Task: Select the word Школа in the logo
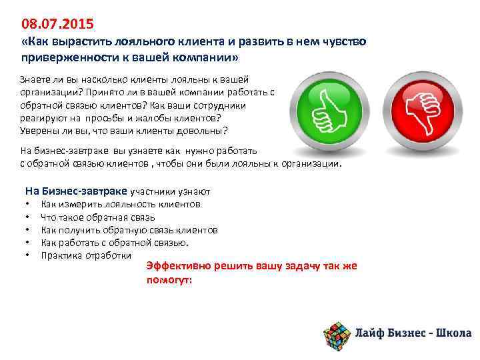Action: (453, 333)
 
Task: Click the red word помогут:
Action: (169, 280)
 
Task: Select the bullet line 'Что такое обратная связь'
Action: (98, 217)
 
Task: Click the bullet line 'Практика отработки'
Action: (86, 255)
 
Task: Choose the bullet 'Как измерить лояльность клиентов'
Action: (121, 204)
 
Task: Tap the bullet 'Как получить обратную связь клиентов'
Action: (129, 229)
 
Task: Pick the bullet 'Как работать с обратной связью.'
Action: (115, 242)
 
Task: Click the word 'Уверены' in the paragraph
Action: (39, 129)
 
